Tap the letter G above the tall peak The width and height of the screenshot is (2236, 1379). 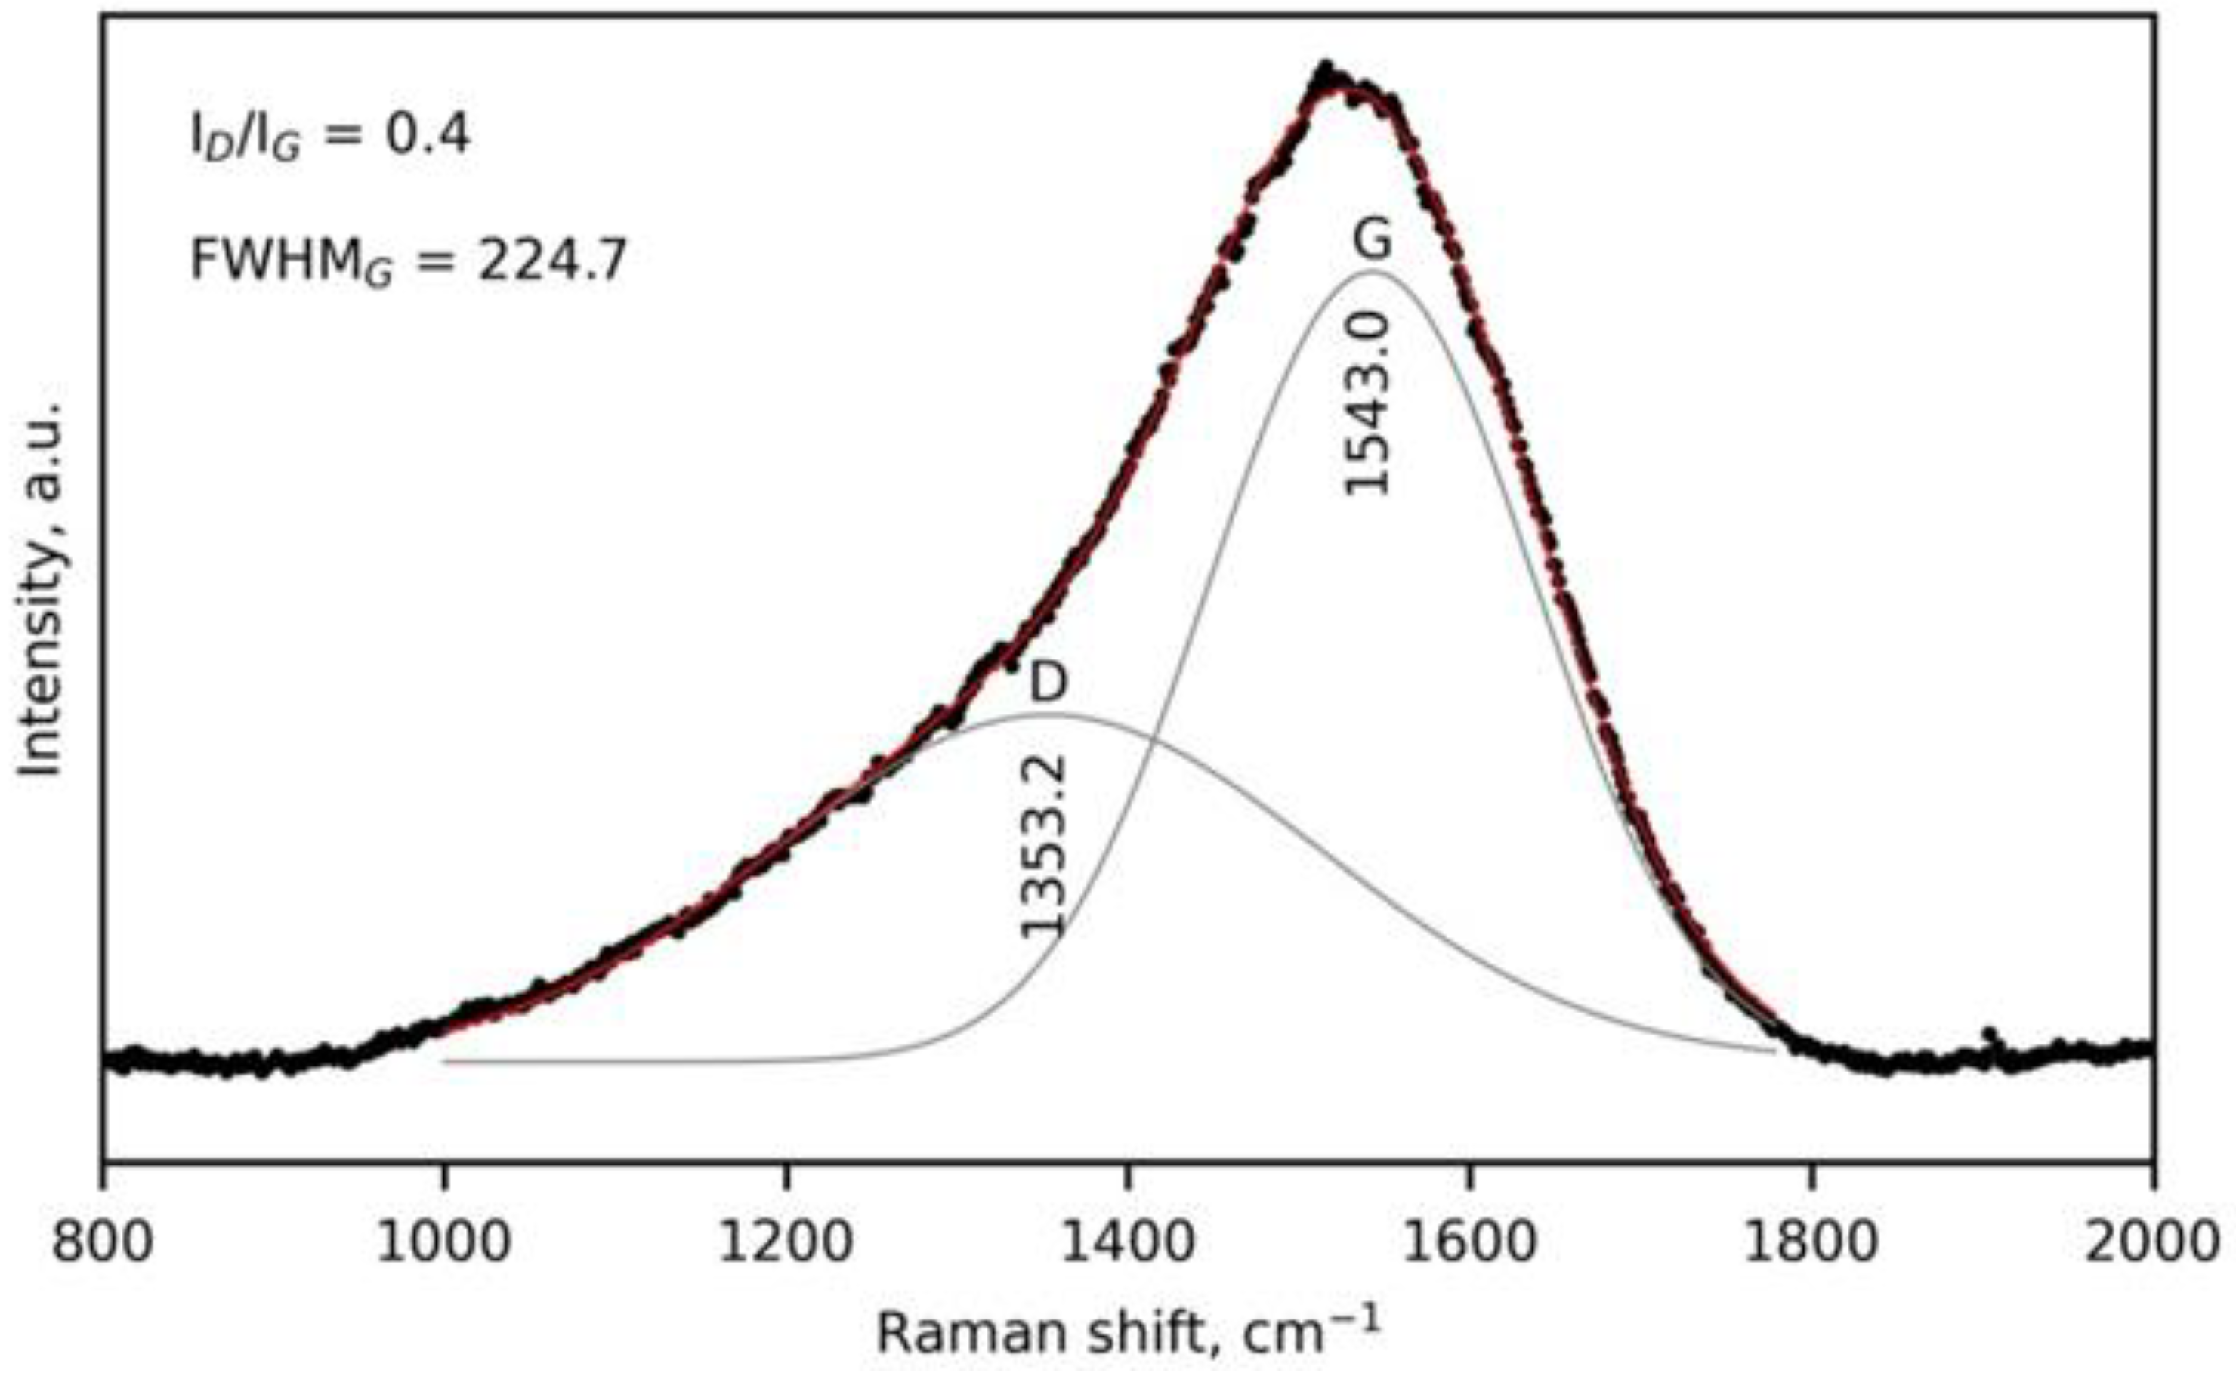1372,240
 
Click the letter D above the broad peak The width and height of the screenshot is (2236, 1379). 1049,681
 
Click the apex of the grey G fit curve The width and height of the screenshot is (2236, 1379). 1372,271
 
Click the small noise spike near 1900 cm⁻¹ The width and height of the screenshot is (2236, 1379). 1990,1035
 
